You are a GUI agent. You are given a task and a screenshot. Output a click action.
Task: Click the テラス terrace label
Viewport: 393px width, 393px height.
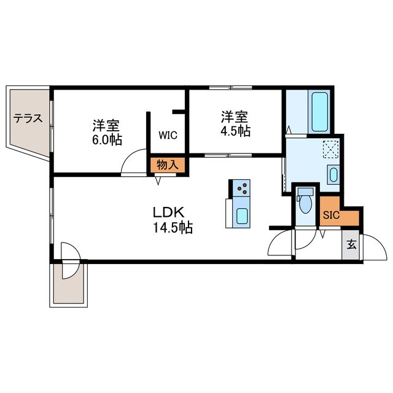(x=28, y=119)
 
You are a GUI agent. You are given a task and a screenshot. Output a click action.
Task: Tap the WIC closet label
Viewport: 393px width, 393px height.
(x=168, y=135)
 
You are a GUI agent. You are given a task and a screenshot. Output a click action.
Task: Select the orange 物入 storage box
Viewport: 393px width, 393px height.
(x=168, y=165)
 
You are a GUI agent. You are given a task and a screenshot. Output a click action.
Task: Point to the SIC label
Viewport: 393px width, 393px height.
(x=331, y=215)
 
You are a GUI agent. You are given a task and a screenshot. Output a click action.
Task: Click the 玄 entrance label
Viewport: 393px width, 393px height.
(x=351, y=244)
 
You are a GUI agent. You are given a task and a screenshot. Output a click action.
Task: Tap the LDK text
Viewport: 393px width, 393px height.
(x=169, y=212)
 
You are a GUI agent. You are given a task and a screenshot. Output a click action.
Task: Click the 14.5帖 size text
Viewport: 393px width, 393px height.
(x=173, y=228)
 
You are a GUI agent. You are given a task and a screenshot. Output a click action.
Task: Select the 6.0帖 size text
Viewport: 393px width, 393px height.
(x=107, y=140)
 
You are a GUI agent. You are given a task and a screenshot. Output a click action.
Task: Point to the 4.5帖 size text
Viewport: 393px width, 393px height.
(x=235, y=131)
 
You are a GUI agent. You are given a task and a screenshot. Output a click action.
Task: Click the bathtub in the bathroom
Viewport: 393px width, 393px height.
(x=319, y=112)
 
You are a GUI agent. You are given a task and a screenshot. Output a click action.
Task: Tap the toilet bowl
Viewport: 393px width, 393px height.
(x=305, y=204)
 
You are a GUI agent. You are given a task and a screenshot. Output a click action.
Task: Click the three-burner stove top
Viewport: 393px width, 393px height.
(x=241, y=188)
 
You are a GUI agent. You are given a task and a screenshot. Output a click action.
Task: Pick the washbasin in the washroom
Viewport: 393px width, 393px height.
(x=333, y=174)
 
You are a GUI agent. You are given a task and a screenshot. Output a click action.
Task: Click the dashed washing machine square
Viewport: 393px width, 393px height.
(x=331, y=149)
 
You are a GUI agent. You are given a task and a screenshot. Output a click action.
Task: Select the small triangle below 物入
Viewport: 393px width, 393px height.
(x=158, y=181)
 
